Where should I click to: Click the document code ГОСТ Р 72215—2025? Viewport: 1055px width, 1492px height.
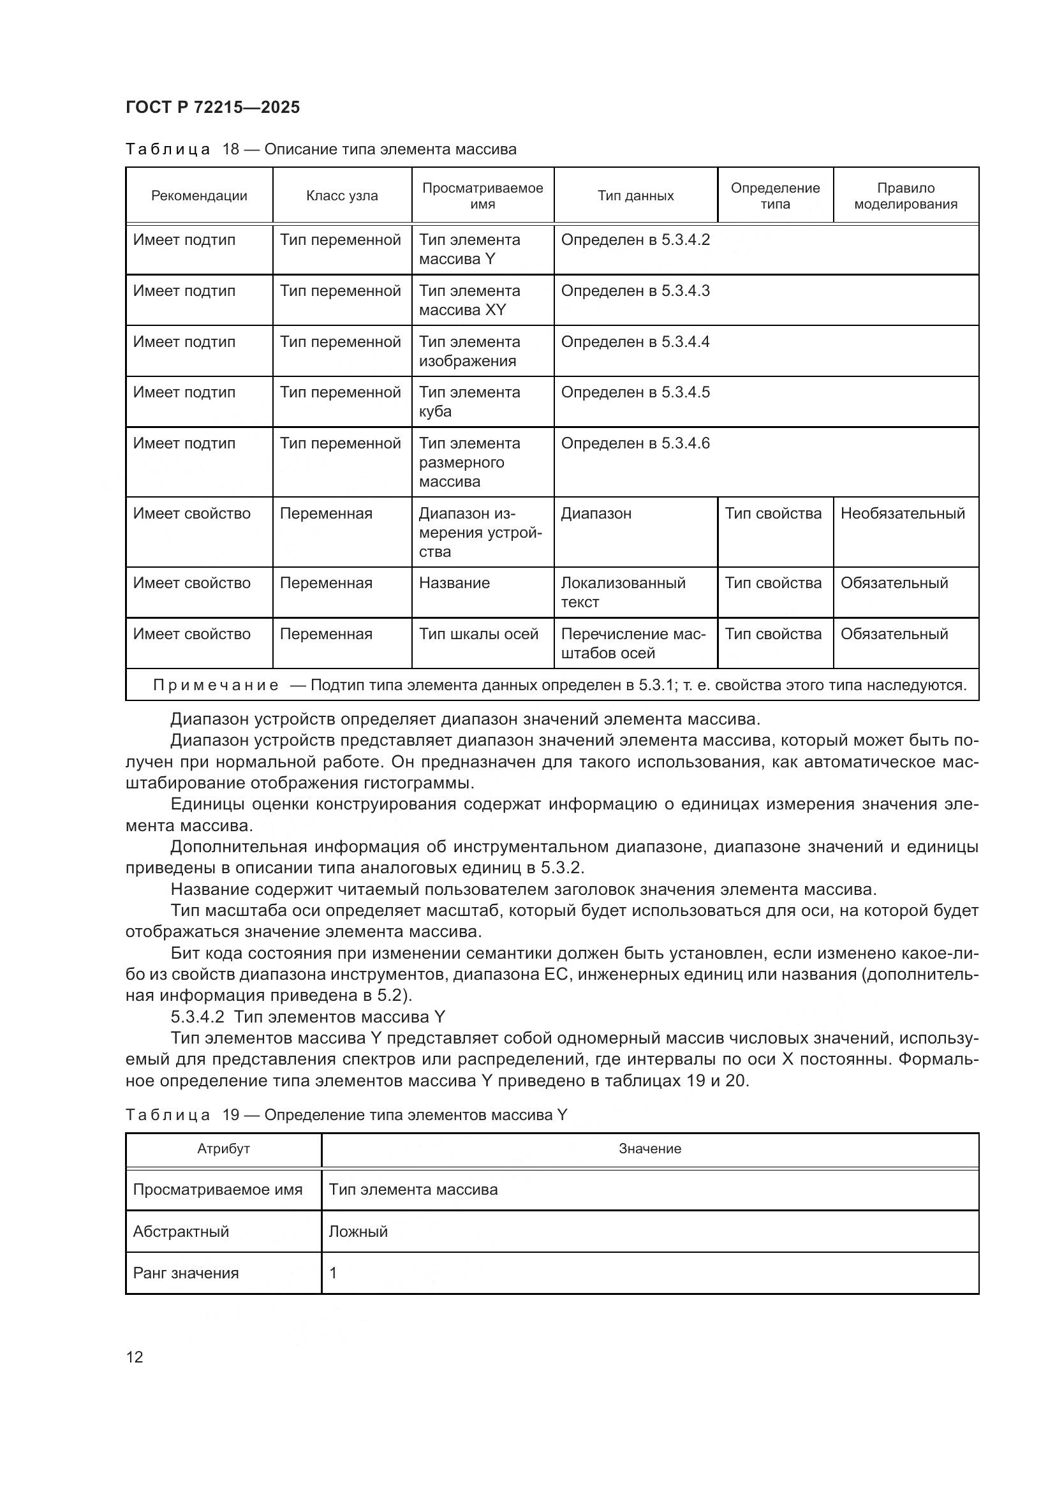[212, 107]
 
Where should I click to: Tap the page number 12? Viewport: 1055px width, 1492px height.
[135, 1357]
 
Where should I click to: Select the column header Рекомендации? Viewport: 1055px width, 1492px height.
[199, 196]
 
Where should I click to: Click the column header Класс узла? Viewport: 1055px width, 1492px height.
[342, 196]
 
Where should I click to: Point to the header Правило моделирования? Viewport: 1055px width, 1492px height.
[905, 196]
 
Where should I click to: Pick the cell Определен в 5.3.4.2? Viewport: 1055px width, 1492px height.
[635, 240]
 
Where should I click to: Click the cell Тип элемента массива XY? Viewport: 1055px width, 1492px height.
[469, 300]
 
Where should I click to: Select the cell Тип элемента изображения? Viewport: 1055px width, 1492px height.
[469, 351]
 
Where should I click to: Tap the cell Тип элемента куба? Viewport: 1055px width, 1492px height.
[469, 402]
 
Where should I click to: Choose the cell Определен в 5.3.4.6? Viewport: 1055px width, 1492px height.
[635, 443]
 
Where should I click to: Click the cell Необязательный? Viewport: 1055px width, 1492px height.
[903, 513]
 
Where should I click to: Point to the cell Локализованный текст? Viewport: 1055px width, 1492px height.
[623, 592]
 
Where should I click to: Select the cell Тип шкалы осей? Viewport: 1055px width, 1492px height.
[478, 633]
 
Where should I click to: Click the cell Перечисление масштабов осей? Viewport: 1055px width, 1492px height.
[633, 644]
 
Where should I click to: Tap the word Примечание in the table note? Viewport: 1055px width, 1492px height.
[216, 685]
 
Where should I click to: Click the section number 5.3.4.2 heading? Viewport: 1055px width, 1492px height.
[197, 1017]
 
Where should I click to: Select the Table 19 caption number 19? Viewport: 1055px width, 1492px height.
[231, 1115]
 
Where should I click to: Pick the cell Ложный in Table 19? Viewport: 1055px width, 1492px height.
[358, 1231]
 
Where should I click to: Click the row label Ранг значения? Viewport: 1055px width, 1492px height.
[186, 1273]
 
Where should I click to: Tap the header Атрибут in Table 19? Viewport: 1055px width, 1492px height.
[223, 1149]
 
